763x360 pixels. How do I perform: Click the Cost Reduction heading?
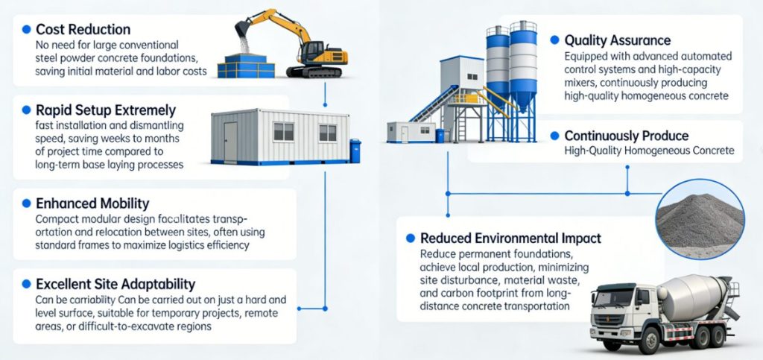(x=83, y=30)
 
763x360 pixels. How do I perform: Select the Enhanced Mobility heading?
(x=92, y=203)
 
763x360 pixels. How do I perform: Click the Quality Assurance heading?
(x=618, y=40)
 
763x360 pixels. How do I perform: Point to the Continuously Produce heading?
(x=627, y=136)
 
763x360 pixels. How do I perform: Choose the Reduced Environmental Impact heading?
(x=510, y=239)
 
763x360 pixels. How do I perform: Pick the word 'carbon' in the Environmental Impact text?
(x=437, y=294)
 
